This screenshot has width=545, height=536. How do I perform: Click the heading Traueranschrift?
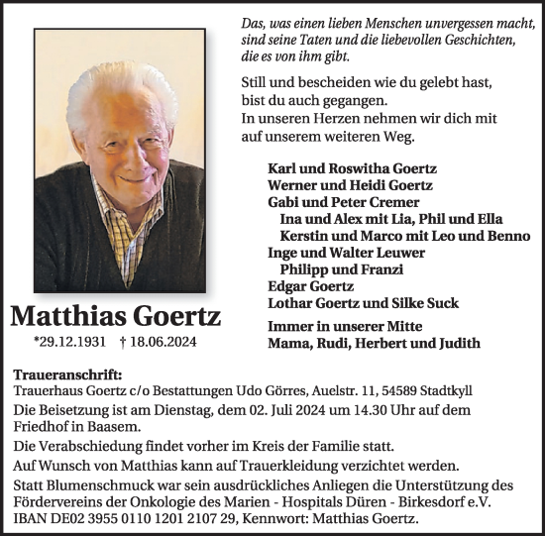pyautogui.click(x=69, y=375)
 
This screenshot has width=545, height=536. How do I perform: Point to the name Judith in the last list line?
pyautogui.click(x=456, y=344)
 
